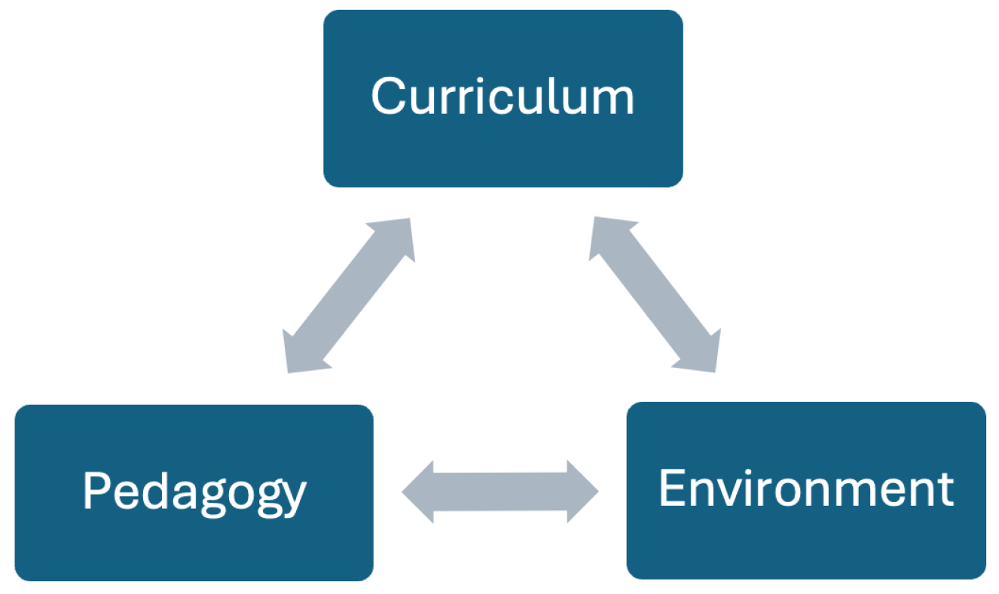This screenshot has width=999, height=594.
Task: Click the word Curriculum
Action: (x=503, y=97)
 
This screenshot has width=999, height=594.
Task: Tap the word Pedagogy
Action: (x=194, y=492)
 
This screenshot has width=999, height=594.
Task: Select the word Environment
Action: (x=806, y=489)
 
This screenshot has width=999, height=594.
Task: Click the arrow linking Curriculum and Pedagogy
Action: (x=349, y=295)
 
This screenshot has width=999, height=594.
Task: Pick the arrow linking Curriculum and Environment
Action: (x=654, y=294)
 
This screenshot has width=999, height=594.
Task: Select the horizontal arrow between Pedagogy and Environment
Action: (x=500, y=492)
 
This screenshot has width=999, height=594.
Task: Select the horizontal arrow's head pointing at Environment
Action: (x=581, y=492)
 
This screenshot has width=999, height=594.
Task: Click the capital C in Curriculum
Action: (x=386, y=96)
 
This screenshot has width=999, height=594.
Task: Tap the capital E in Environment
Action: (x=671, y=488)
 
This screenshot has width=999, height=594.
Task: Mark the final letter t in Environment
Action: (x=945, y=489)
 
